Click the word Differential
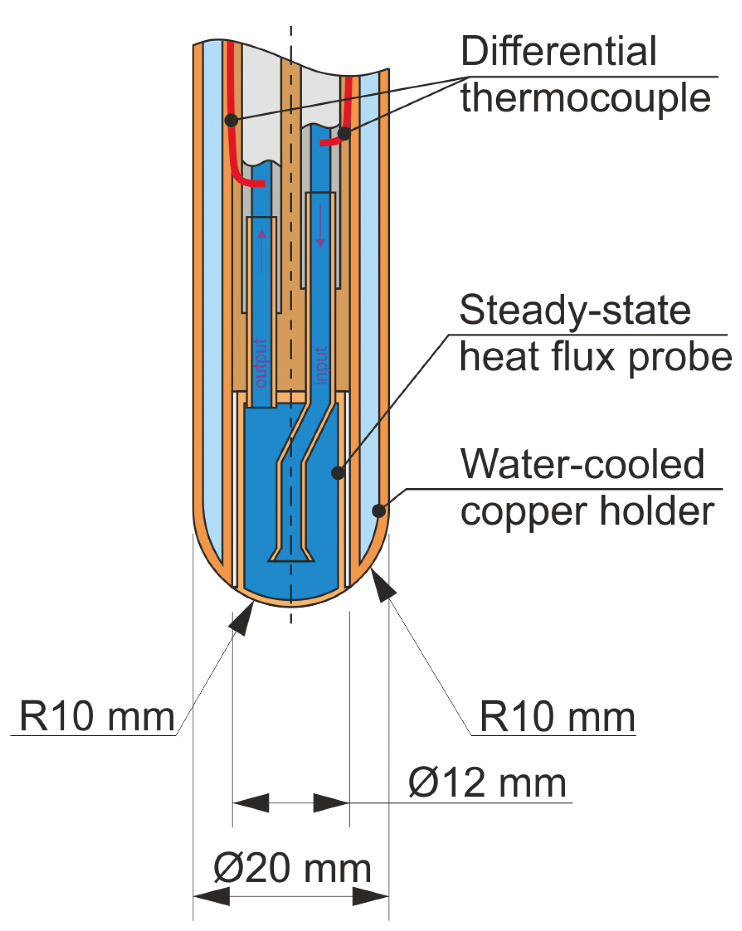[x=558, y=51]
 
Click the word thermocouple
[x=585, y=99]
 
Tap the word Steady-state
[x=574, y=311]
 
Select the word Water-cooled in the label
[x=582, y=464]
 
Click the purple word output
[x=261, y=363]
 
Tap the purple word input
[x=321, y=366]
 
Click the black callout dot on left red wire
[x=231, y=120]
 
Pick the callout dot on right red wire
[x=344, y=133]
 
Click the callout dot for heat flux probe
[x=338, y=473]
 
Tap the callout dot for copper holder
[x=378, y=510]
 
